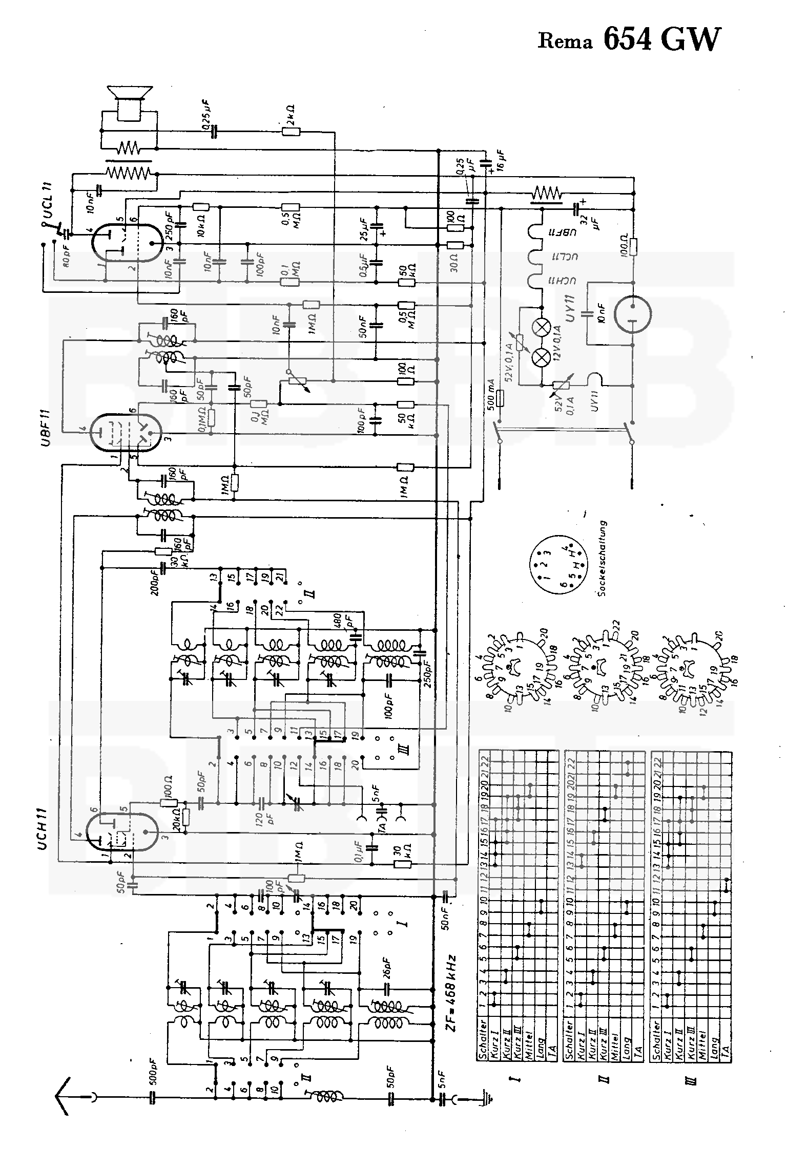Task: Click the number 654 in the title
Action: [x=628, y=39]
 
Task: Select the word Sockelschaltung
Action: [x=603, y=558]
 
